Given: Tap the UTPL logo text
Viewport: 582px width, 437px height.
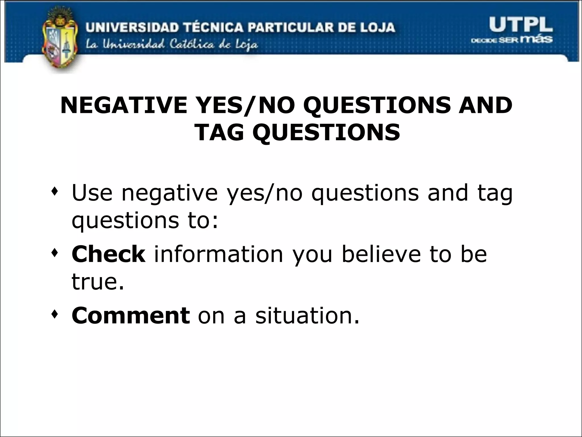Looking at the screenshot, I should pos(521,25).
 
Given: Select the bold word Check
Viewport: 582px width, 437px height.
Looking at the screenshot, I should pos(108,254).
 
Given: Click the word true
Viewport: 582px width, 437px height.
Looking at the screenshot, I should pos(98,281).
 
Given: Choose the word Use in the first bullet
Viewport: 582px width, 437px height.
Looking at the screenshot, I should pos(92,193).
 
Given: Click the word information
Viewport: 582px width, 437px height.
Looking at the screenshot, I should pos(218,254).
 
